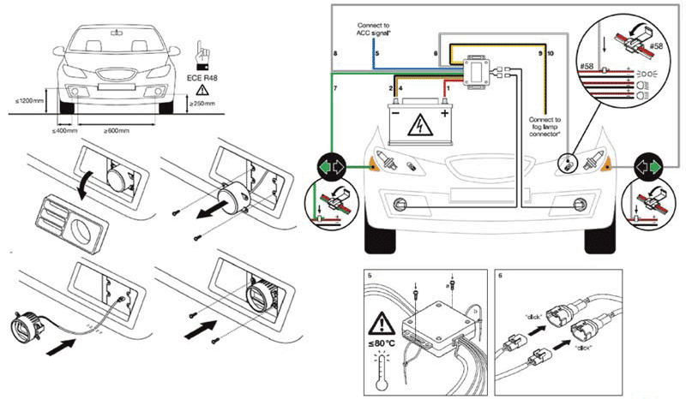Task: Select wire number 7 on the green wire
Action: coord(335,89)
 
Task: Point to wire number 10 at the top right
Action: coord(550,54)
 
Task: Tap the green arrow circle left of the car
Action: coord(332,166)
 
